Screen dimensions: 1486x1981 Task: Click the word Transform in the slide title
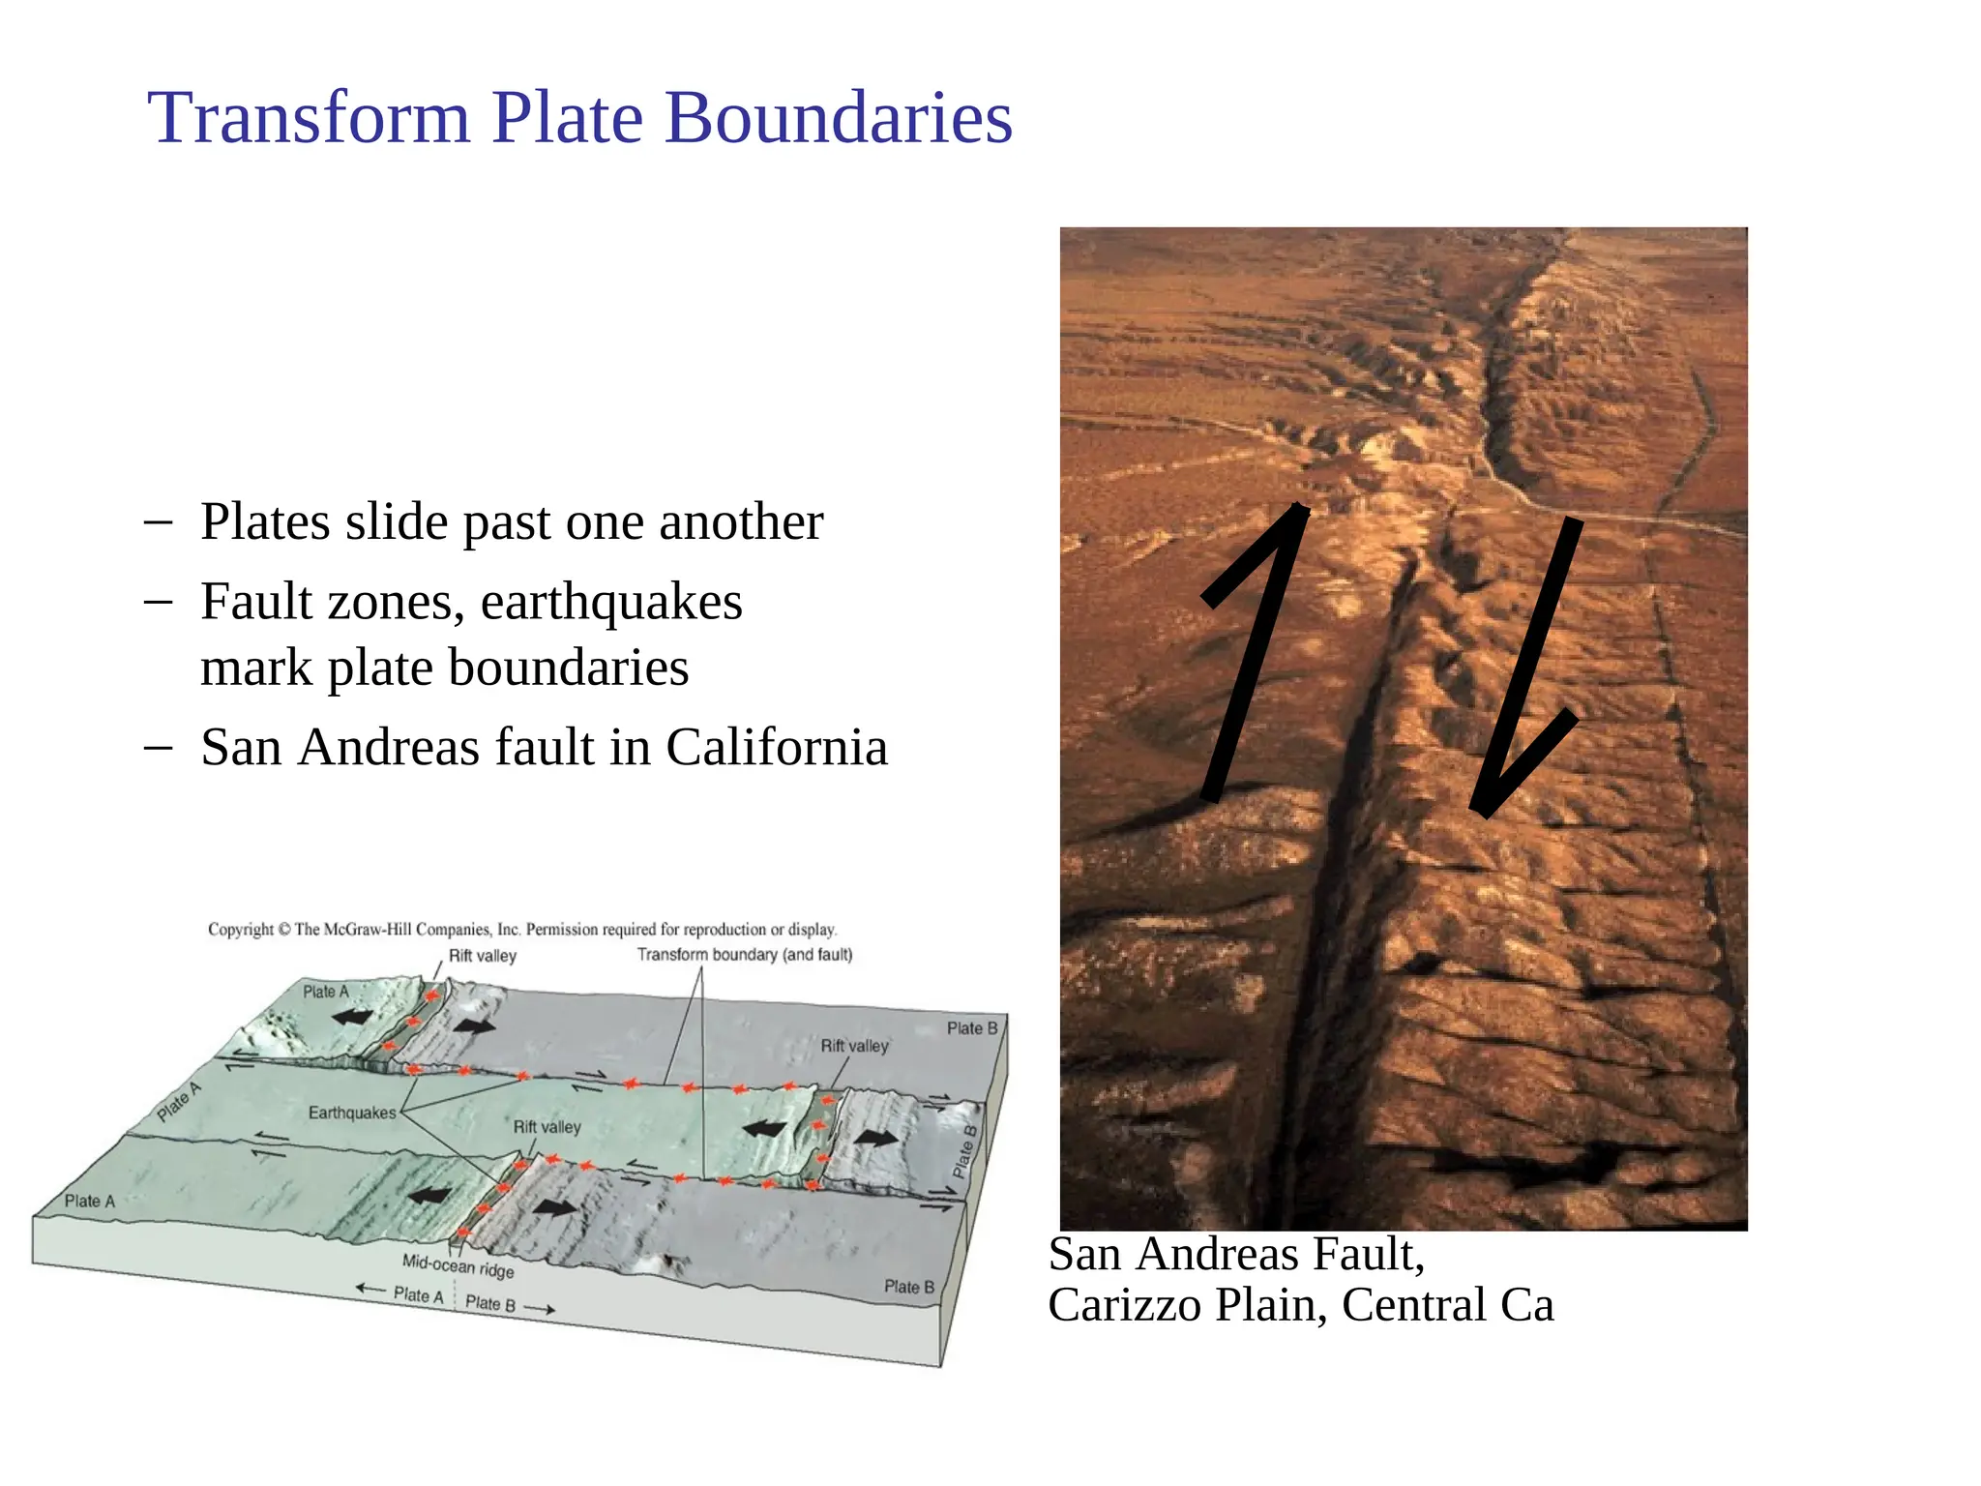(309, 118)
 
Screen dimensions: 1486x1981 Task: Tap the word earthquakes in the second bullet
(611, 602)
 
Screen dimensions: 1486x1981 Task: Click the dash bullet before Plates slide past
(158, 522)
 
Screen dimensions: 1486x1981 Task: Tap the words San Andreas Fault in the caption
(1236, 1255)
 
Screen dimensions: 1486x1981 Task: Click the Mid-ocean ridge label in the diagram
(458, 1265)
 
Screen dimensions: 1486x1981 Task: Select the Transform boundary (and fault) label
(745, 955)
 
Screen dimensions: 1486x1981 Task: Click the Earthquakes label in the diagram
(352, 1114)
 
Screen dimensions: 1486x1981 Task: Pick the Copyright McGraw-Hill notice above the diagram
(522, 930)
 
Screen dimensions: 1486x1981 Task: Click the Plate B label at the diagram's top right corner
(971, 1028)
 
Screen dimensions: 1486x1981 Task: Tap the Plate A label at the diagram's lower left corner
(89, 1202)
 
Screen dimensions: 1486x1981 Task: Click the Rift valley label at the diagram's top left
(482, 956)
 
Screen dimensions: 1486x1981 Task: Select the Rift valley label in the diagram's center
(547, 1127)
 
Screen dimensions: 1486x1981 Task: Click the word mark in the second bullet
(255, 669)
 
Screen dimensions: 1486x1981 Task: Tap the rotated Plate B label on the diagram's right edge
(965, 1151)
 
